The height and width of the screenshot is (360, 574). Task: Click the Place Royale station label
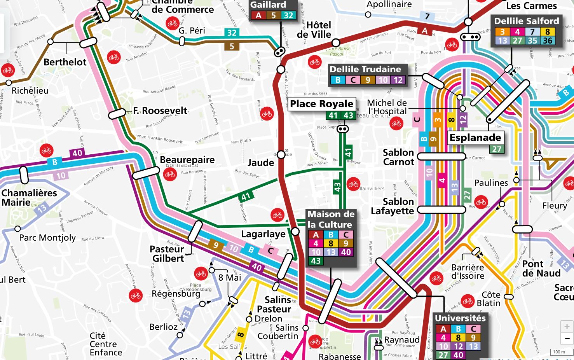pos(321,104)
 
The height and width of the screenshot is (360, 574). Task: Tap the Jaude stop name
pos(261,163)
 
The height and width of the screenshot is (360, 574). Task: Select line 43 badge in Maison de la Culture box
pos(316,261)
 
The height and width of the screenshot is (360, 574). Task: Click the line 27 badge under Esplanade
pos(496,149)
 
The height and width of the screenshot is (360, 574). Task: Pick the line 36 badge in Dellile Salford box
pos(548,40)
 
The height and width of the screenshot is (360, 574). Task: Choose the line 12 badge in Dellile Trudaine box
pos(398,80)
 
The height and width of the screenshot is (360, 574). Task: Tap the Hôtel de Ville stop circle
pos(336,42)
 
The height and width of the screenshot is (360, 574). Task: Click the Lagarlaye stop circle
pos(295,232)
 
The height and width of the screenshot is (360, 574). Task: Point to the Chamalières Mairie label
pos(29,197)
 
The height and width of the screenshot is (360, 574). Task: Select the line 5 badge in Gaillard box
pos(274,16)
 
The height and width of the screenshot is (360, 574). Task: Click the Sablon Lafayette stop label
pos(393,206)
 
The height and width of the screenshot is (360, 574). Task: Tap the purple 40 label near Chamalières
pos(77,153)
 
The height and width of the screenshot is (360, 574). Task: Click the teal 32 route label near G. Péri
pos(232,33)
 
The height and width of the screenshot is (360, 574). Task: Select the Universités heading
pos(460,318)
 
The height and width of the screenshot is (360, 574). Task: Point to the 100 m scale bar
pos(559,352)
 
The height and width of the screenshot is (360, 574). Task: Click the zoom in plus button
pos(567,327)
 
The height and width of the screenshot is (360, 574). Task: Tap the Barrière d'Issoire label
pos(468,272)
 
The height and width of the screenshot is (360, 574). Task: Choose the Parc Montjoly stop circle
pos(17,229)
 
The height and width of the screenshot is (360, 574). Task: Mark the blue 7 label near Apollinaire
pos(427,16)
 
